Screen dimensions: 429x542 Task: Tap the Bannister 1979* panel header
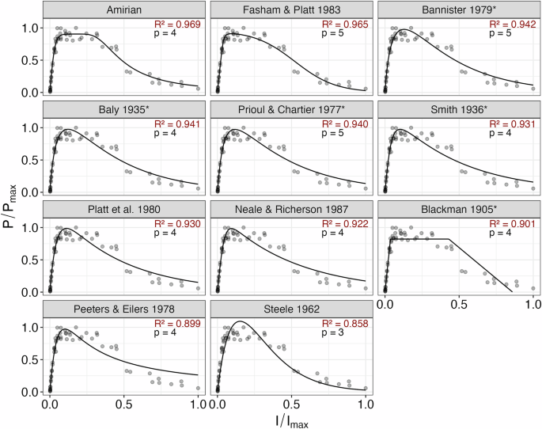pyautogui.click(x=459, y=10)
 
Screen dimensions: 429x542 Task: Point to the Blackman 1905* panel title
pyautogui.click(x=459, y=210)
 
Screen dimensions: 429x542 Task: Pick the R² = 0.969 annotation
pyautogui.click(x=178, y=25)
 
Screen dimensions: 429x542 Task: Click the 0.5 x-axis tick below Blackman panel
pyautogui.click(x=459, y=305)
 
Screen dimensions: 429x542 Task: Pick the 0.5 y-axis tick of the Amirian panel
pyautogui.click(x=32, y=60)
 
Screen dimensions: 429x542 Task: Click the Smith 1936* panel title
pyautogui.click(x=459, y=110)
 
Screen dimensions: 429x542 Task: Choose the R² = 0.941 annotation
pyautogui.click(x=178, y=124)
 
